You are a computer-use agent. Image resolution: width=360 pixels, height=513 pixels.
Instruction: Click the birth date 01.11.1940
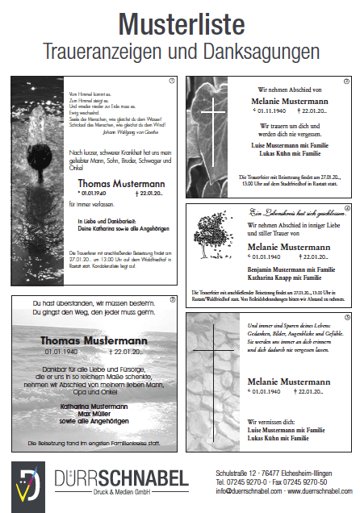click(256, 111)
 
